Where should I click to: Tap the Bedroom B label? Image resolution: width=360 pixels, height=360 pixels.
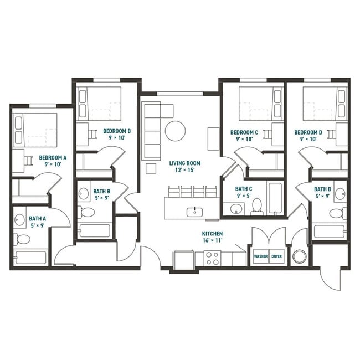[117, 135]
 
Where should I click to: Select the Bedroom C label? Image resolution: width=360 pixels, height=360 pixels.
[244, 136]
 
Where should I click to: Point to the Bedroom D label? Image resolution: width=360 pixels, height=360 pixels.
[308, 136]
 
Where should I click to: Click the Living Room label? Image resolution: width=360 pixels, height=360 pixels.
[185, 167]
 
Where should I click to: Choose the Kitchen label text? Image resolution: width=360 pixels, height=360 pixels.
[212, 238]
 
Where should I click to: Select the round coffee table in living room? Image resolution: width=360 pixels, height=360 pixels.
[175, 131]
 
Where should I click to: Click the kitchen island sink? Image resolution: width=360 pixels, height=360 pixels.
[195, 211]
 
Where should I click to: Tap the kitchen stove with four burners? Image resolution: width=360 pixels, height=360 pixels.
[212, 258]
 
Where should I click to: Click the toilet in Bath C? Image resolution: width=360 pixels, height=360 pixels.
[257, 207]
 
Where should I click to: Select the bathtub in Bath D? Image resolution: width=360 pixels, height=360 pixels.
[329, 231]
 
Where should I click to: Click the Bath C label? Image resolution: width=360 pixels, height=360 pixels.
[244, 192]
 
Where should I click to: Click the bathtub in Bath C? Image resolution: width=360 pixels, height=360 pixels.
[276, 198]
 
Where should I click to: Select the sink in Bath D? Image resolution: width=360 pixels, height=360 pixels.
[340, 194]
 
